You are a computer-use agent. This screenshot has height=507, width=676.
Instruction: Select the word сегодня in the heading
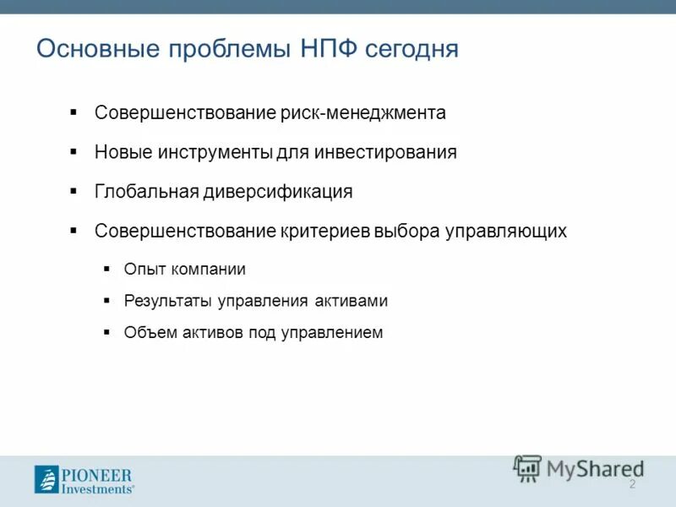coord(412,49)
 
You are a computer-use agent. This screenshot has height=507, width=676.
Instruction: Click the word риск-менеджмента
coord(363,112)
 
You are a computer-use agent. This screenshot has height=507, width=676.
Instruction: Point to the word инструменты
coord(215,152)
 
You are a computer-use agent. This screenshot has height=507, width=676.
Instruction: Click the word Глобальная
coord(145,191)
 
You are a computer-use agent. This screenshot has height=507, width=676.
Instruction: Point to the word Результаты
coord(168,301)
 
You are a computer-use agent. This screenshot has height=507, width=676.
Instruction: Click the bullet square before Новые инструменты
coord(74,151)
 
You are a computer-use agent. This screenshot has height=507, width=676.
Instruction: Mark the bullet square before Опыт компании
coord(106,269)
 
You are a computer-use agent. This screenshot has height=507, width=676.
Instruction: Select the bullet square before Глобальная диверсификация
coord(74,190)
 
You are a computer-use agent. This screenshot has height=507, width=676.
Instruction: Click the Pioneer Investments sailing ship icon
coord(46,479)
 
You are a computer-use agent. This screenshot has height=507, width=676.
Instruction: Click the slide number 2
coord(631,484)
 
